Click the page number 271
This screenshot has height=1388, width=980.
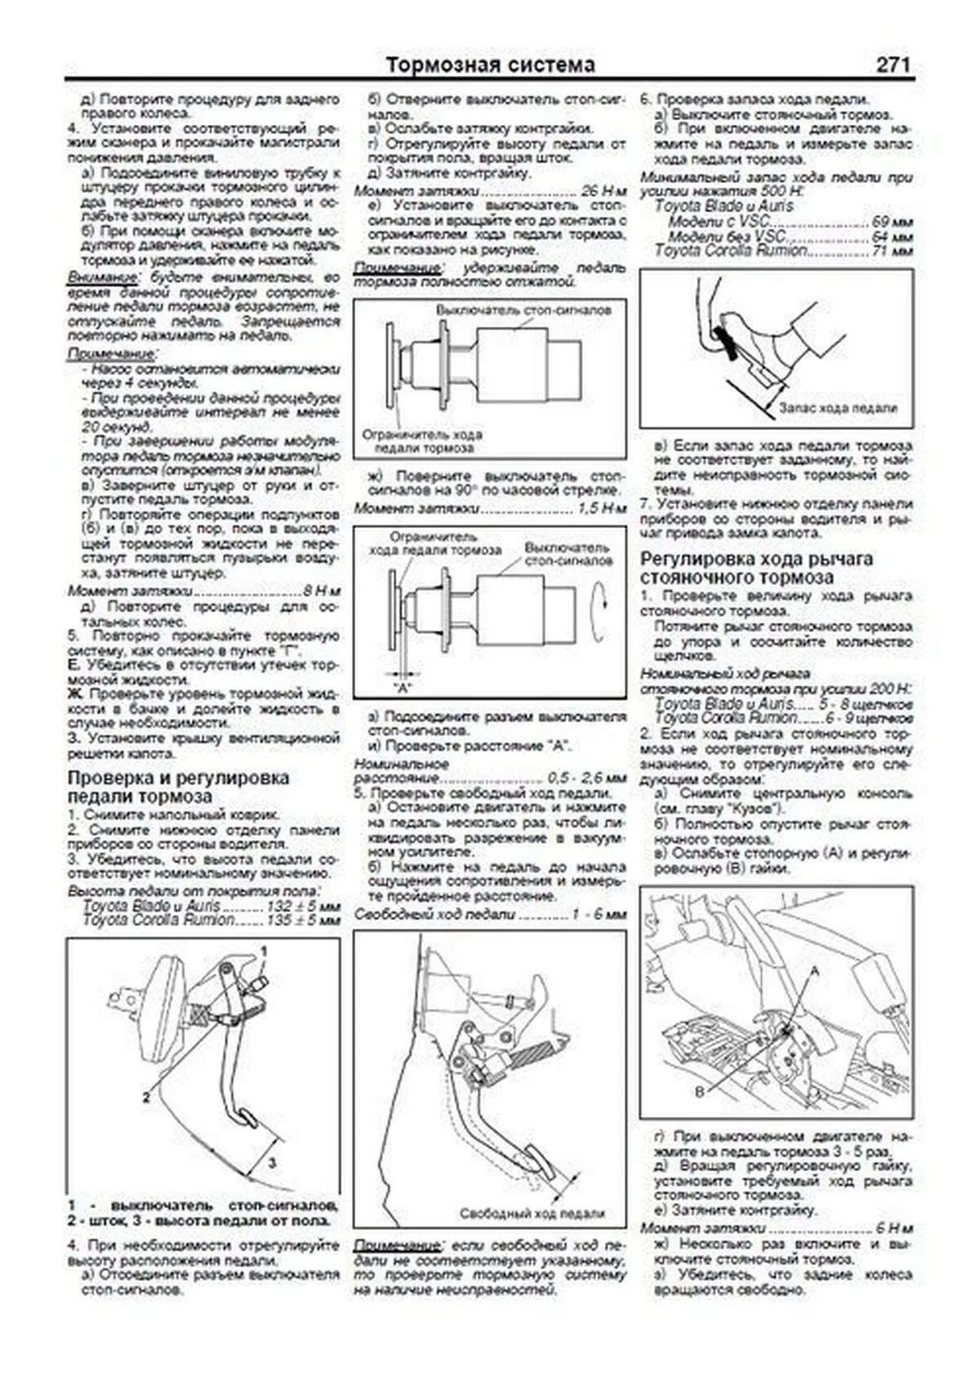pyautogui.click(x=892, y=65)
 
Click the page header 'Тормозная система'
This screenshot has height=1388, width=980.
pyautogui.click(x=490, y=65)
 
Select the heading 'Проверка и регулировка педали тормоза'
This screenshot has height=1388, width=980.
pyautogui.click(x=178, y=787)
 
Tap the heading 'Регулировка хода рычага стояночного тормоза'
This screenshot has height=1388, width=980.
pyautogui.click(x=756, y=568)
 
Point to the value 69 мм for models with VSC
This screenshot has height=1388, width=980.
pyautogui.click(x=892, y=222)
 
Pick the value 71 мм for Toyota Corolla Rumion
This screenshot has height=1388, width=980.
pyautogui.click(x=892, y=252)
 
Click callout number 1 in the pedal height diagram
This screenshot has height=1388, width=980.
pyautogui.click(x=265, y=950)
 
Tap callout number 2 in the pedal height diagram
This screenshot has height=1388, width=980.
pyautogui.click(x=146, y=1097)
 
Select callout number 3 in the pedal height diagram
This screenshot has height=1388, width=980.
pyautogui.click(x=272, y=1162)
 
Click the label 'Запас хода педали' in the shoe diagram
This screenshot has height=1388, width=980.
pyautogui.click(x=838, y=408)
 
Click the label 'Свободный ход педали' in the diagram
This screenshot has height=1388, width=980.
pyautogui.click(x=532, y=1214)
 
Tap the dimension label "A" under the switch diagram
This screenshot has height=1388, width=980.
pyautogui.click(x=402, y=687)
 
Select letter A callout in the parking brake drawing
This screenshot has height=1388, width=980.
pyautogui.click(x=814, y=970)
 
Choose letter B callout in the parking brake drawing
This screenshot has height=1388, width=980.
pyautogui.click(x=699, y=1091)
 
